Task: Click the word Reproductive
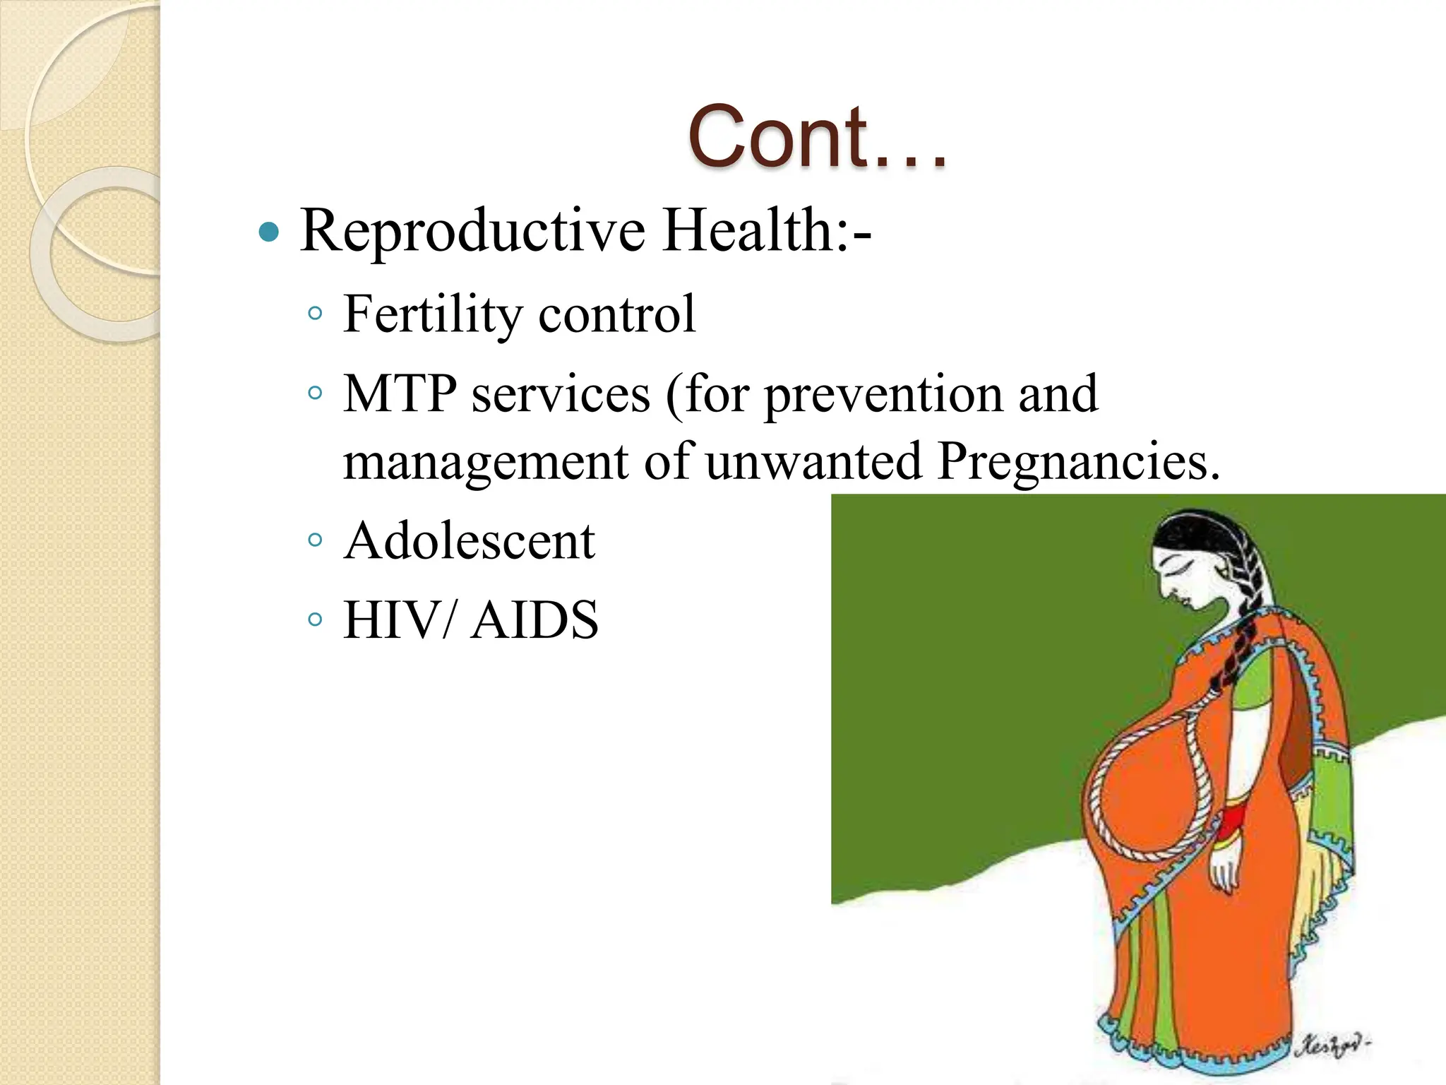[x=472, y=230]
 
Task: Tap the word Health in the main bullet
[x=749, y=230]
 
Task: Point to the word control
[x=616, y=314]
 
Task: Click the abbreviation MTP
[x=399, y=393]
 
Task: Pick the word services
[x=561, y=394]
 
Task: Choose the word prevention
[x=883, y=394]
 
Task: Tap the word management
[x=485, y=461]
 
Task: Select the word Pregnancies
[x=1078, y=461]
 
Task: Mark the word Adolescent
[x=470, y=541]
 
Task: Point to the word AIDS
[x=534, y=620]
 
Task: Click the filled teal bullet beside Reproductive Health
[x=269, y=232]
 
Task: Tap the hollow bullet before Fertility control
[x=315, y=313]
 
